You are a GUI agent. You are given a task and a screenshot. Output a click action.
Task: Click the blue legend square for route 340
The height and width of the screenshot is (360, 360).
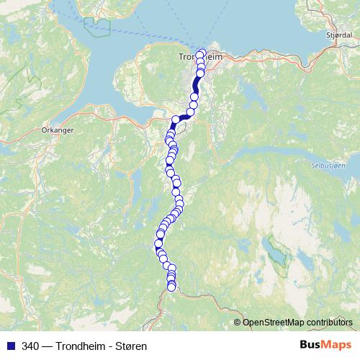10,346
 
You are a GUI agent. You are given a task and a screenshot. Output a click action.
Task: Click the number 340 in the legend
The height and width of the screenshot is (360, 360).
31,346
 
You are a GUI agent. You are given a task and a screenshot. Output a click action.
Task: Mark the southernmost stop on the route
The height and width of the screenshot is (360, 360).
171,287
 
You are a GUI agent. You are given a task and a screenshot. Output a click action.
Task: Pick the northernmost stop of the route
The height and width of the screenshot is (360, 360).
202,53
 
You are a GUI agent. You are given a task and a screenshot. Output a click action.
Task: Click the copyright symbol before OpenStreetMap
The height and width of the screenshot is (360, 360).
238,322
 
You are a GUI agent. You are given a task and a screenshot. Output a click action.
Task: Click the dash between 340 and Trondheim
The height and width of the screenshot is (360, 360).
46,346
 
